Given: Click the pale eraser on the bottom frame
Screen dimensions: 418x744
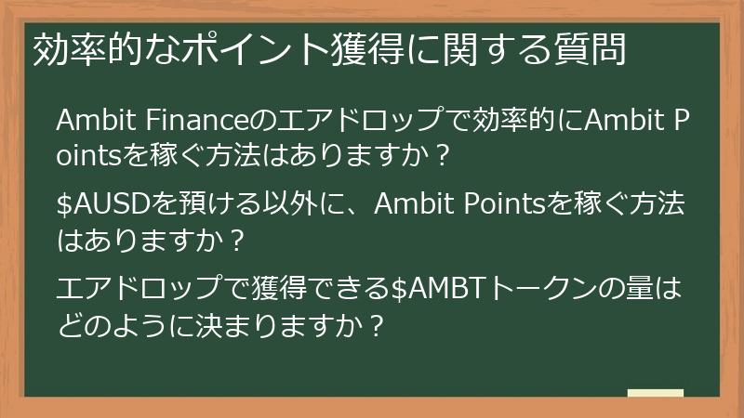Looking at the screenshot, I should tap(655, 395).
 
